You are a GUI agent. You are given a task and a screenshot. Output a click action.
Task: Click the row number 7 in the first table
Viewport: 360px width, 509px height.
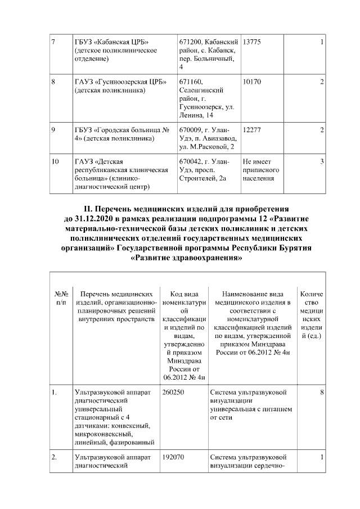click(x=53, y=42)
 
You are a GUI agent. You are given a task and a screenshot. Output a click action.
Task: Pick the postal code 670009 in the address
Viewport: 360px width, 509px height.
click(x=190, y=130)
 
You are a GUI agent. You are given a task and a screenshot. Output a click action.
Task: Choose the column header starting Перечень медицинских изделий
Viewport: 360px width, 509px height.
click(x=116, y=307)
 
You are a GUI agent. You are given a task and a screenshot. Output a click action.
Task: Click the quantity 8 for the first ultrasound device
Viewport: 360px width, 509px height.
click(x=321, y=393)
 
